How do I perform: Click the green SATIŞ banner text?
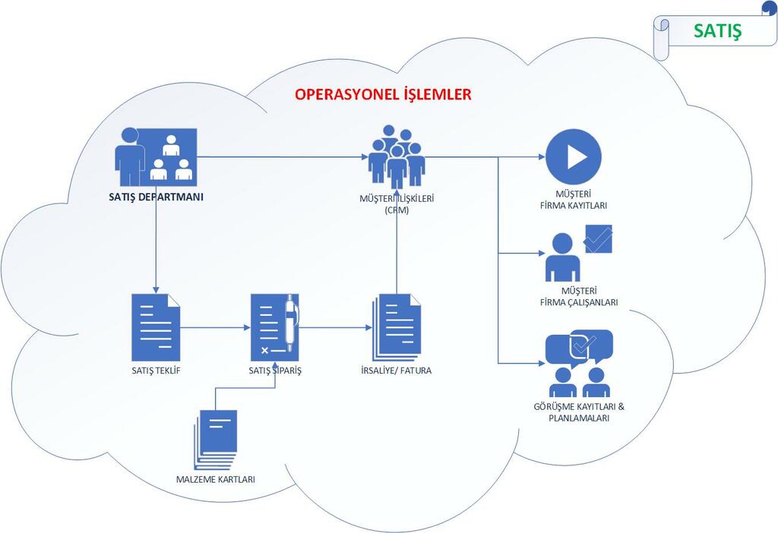coord(717,31)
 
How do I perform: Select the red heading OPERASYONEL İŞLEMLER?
coord(383,94)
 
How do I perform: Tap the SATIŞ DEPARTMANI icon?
coord(156,156)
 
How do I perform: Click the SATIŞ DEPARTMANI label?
coord(156,198)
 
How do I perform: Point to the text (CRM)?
coord(397,210)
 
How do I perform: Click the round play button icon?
coord(574,157)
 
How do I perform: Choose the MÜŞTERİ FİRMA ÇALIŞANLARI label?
coord(578,296)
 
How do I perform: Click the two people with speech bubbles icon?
coord(579,364)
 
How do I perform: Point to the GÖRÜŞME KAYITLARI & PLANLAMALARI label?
coord(579,412)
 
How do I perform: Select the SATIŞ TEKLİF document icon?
coord(156,326)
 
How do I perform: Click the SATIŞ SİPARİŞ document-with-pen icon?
coord(274,327)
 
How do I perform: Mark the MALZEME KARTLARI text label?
coord(216,479)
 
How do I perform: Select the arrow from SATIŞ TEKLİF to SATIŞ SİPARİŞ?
coord(216,328)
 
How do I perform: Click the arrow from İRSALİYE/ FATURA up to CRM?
coord(397,251)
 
